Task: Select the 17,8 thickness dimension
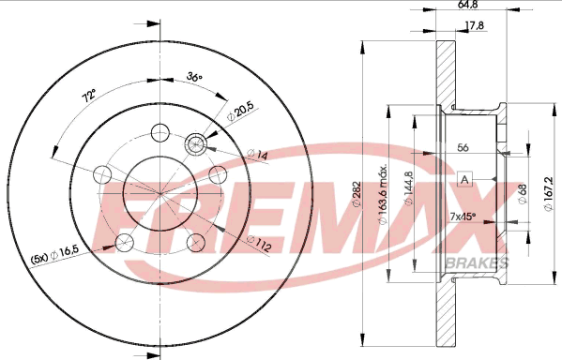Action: (474, 25)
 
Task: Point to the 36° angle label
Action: (194, 76)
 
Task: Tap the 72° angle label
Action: (89, 97)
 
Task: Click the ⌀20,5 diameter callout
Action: (241, 111)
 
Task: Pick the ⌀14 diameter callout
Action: (258, 155)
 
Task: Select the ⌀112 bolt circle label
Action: (258, 244)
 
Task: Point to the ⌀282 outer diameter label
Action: (357, 194)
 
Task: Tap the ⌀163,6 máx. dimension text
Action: (384, 195)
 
